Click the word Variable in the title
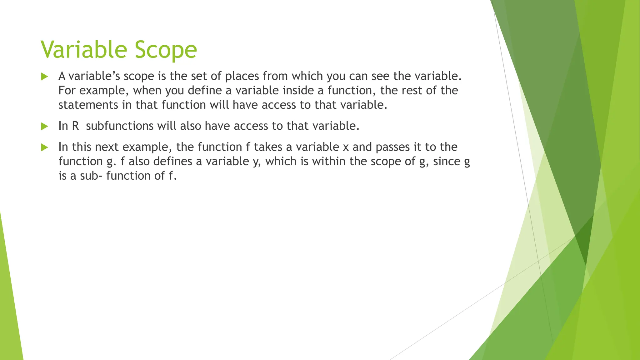click(x=84, y=50)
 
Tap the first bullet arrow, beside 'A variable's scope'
click(x=44, y=77)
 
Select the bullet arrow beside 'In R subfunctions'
click(x=44, y=126)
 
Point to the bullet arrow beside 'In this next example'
click(x=44, y=147)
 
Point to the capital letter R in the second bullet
click(x=75, y=126)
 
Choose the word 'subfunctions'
click(x=120, y=126)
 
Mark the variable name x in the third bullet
click(x=345, y=147)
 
